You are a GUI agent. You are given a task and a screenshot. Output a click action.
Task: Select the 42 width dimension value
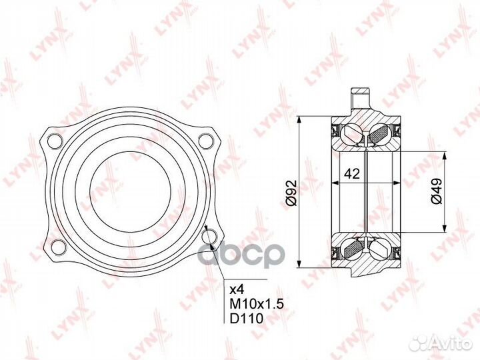352,174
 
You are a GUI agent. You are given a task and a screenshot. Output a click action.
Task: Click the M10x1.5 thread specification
257,304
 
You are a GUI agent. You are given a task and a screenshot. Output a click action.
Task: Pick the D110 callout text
247,319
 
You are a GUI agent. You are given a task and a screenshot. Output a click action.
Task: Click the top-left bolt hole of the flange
55,141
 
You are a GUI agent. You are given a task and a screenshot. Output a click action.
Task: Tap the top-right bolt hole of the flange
206,141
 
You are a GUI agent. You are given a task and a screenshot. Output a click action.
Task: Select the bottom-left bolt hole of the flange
59,247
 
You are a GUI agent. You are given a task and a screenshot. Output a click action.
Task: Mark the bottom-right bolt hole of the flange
209,237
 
